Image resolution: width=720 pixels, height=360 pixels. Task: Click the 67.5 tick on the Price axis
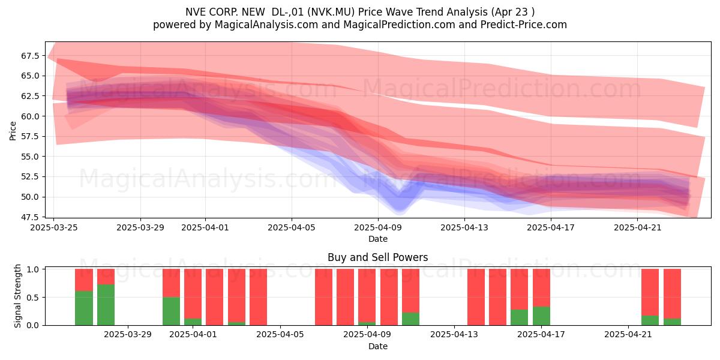30,56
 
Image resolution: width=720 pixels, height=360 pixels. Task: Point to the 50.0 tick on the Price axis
30,197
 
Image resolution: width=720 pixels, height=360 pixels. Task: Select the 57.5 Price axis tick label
30,136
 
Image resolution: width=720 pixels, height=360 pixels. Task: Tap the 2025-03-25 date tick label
53,227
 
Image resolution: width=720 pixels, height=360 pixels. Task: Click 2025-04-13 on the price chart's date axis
464,227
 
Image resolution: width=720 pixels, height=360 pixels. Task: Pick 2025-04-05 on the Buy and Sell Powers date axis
280,334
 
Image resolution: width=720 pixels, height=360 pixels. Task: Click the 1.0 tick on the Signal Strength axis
33,269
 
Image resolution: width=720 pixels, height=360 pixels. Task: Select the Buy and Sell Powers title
377,257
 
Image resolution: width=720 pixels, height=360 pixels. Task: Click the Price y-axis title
13,131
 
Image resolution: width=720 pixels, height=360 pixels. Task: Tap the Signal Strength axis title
17,296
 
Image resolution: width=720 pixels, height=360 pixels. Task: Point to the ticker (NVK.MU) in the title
331,12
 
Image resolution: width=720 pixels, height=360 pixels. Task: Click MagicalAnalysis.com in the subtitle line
266,25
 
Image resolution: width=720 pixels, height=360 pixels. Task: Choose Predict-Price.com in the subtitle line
524,25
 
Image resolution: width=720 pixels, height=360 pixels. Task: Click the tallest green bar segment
106,305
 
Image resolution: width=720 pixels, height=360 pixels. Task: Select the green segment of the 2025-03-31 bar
171,311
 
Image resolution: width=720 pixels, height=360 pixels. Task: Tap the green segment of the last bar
672,322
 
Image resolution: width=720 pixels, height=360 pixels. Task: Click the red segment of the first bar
84,280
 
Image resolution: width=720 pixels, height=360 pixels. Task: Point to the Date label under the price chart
377,239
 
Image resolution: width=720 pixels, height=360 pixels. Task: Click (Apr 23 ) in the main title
513,12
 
